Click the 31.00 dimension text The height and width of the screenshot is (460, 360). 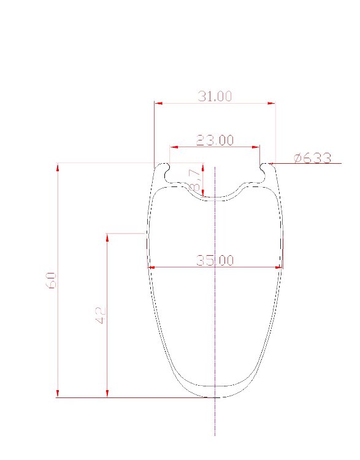pos(215,96)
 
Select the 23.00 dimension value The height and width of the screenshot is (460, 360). pos(215,140)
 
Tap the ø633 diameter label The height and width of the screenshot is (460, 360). pos(312,158)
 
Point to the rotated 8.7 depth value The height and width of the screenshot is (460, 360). pos(196,179)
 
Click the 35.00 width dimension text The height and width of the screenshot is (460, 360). pos(215,260)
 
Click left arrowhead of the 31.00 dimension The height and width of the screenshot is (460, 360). pos(158,103)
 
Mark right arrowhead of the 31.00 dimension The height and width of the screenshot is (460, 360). pos(272,103)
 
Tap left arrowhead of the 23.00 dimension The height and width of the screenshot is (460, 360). pos(173,147)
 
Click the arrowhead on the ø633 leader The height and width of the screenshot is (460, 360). pos(270,164)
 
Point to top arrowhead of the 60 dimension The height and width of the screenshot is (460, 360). pos(58,167)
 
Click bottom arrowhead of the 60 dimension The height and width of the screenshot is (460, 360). pos(58,394)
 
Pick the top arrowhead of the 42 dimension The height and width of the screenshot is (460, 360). pos(107,237)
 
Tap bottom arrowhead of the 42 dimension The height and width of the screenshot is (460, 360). pos(107,394)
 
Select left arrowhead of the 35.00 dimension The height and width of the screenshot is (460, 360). pos(151,267)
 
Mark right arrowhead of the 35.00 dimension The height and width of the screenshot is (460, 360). pos(279,267)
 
